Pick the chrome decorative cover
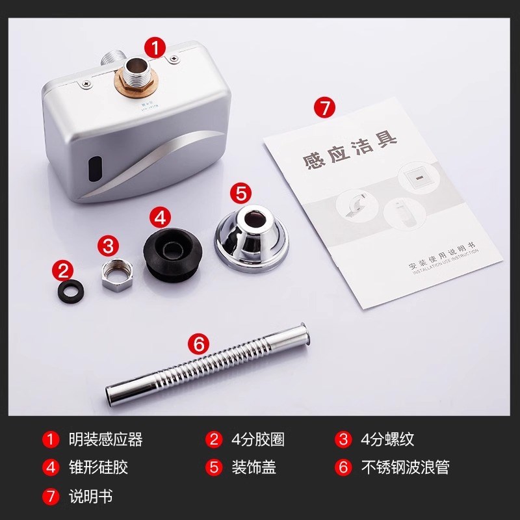pyautogui.click(x=250, y=234)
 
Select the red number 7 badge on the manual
pyautogui.click(x=326, y=107)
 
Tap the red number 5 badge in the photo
pyautogui.click(x=241, y=193)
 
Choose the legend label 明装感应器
pyautogui.click(x=105, y=439)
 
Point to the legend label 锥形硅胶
pyautogui.click(x=98, y=467)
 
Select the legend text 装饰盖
pyautogui.click(x=253, y=467)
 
